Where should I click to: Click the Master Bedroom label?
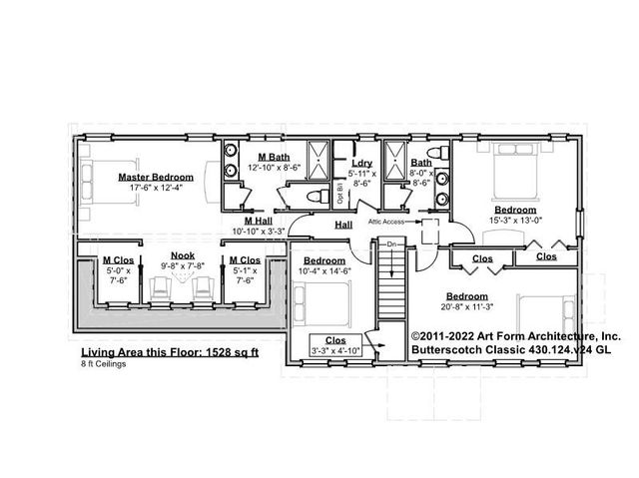[155, 177]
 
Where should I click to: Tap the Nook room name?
[183, 255]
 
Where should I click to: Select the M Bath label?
[273, 158]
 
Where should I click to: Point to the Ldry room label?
[362, 163]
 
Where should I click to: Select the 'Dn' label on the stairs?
[393, 244]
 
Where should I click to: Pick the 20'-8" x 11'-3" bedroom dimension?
[467, 307]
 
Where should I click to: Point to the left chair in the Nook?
[160, 288]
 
